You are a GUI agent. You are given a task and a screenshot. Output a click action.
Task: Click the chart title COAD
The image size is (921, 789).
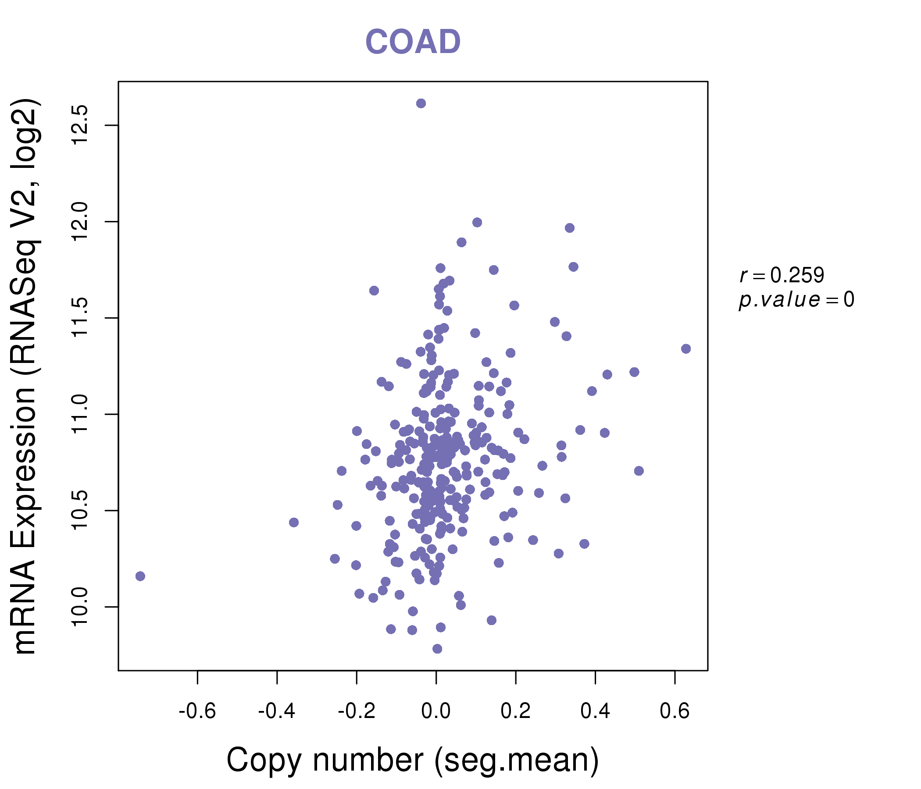[413, 42]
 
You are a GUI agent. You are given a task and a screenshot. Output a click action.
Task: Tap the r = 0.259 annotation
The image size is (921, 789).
[782, 275]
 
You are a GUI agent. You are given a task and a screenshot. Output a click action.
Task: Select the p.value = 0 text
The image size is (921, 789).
[796, 300]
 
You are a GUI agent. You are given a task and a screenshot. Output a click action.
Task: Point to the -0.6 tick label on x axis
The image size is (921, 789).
[197, 711]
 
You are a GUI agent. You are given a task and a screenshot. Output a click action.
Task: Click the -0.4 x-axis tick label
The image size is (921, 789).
[276, 711]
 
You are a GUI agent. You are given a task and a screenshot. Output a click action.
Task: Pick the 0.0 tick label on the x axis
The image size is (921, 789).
[436, 711]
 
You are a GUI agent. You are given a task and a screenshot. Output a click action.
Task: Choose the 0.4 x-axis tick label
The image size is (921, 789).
[595, 711]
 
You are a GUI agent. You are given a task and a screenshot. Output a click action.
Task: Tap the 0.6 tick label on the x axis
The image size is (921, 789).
[675, 711]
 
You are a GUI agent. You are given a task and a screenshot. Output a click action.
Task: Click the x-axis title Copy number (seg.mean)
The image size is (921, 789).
[413, 760]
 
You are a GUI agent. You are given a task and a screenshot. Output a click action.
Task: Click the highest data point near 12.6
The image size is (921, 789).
[421, 103]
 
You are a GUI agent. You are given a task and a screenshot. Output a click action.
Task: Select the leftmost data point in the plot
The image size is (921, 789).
[140, 576]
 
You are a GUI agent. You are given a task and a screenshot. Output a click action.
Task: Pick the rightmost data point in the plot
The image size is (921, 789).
[686, 349]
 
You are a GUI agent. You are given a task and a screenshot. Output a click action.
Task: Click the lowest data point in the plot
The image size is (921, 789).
[437, 649]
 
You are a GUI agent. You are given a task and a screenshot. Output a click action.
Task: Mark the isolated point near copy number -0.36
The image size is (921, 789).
[294, 522]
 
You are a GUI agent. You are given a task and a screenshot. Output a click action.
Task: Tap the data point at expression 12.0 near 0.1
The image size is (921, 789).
[478, 223]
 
